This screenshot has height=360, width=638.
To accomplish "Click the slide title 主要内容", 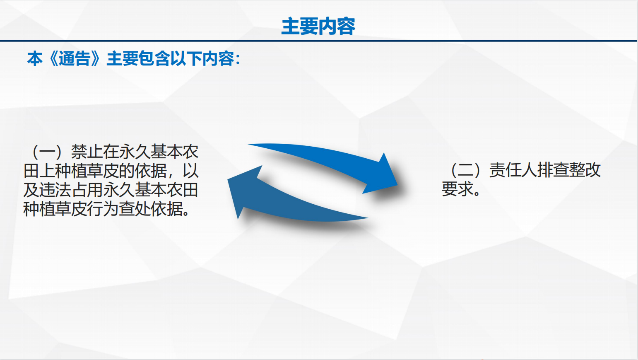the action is (x=318, y=26).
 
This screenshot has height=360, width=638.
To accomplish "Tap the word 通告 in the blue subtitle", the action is (x=75, y=59).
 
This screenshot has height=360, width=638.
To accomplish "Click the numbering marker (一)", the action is (x=47, y=152).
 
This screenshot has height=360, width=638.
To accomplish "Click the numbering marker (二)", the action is (x=465, y=170).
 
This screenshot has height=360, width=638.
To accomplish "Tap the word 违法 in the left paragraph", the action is (x=55, y=190).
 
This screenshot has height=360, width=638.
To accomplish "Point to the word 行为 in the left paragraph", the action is (x=103, y=209).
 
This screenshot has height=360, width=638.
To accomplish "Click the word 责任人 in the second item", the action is (x=513, y=170).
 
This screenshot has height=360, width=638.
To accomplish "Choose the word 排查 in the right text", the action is (x=553, y=170).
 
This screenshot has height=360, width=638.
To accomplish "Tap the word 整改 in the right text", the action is (x=585, y=170).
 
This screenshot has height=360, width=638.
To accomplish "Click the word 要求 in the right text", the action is (x=457, y=189).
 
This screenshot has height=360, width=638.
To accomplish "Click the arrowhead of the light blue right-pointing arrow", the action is (x=383, y=175).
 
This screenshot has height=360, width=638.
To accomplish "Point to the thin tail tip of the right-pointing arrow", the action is (x=248, y=144).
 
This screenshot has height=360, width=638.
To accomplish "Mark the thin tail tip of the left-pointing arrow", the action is (x=367, y=218).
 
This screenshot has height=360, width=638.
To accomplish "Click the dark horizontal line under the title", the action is (x=318, y=41).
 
